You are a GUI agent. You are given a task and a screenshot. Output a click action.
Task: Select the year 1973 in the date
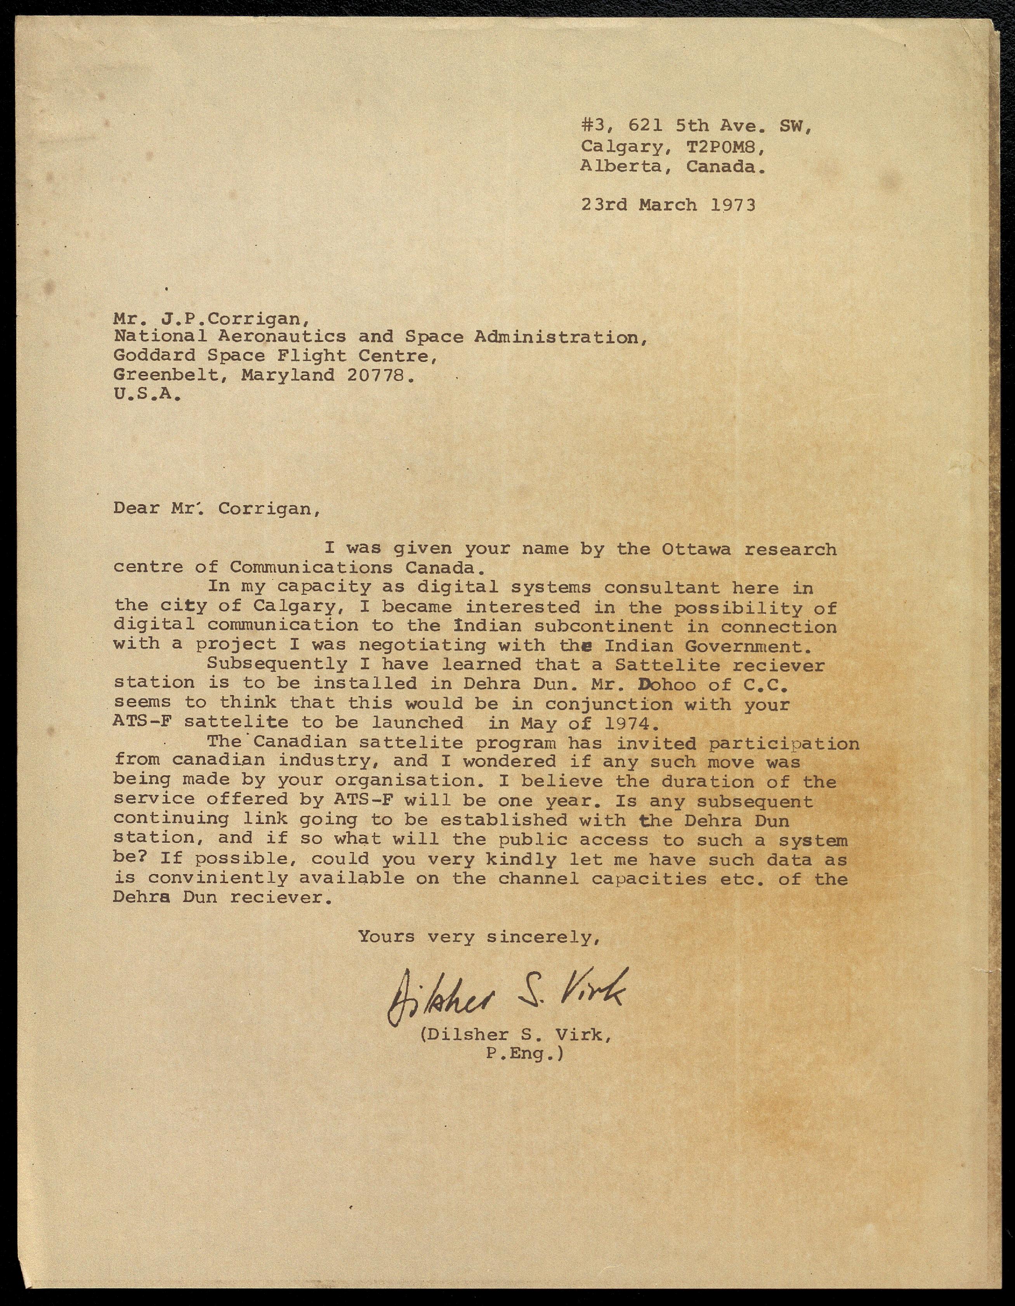(733, 205)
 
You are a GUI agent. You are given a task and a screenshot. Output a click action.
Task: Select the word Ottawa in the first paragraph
(696, 549)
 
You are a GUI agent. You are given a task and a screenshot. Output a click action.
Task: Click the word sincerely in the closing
(543, 937)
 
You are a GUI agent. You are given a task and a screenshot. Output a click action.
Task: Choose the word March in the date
(668, 205)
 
